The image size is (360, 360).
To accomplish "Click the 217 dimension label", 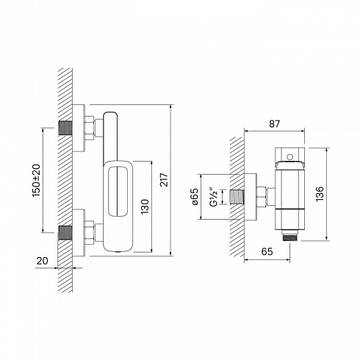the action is [164, 180].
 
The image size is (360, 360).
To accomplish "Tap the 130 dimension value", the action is [145, 206].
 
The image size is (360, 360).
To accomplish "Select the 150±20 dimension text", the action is [36, 180].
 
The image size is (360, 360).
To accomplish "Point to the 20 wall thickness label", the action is [43, 261].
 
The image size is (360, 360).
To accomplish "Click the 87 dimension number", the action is [274, 124].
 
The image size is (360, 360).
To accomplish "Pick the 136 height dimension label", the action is [320, 194].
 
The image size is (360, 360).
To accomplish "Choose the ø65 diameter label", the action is [195, 196].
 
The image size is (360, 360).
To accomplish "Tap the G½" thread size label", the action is [214, 197].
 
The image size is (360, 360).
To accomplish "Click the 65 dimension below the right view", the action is [267, 251].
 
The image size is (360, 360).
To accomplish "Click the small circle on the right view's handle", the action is [289, 156].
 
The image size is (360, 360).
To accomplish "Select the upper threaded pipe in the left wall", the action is [65, 128].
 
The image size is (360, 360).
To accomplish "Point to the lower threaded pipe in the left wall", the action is [65, 232].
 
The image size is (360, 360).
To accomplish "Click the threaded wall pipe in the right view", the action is [237, 197].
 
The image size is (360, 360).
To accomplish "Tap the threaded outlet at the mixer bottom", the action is [289, 238].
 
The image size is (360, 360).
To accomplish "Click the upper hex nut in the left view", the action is [90, 128].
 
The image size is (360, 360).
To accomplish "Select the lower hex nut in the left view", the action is [90, 233].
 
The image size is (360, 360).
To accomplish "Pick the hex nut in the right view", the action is [262, 197].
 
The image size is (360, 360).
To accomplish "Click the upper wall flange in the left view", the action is [79, 129].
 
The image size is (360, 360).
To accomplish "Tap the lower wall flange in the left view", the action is [79, 233].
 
